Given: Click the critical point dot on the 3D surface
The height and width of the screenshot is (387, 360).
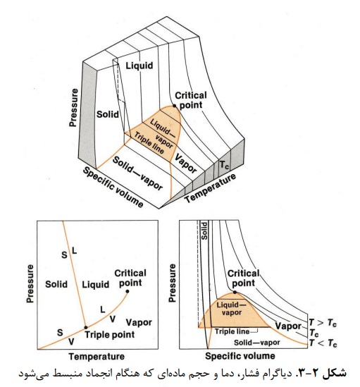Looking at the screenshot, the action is pyautogui.click(x=175, y=106).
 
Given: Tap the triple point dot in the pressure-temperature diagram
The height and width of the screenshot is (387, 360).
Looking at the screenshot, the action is pyautogui.click(x=86, y=328).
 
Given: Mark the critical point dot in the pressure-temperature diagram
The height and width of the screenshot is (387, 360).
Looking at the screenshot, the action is pyautogui.click(x=128, y=292).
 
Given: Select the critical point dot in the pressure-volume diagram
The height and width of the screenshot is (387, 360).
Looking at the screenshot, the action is pyautogui.click(x=235, y=293).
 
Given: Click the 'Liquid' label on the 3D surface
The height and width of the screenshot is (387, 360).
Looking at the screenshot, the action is pyautogui.click(x=139, y=66).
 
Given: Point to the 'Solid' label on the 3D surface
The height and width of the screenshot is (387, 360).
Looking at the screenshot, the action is pyautogui.click(x=108, y=114).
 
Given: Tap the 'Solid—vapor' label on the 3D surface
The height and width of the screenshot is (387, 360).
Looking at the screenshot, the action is pyautogui.click(x=137, y=173).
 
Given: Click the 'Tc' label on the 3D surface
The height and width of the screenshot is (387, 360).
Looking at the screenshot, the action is pyautogui.click(x=224, y=165).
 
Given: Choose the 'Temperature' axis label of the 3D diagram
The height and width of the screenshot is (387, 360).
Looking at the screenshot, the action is pyautogui.click(x=210, y=188).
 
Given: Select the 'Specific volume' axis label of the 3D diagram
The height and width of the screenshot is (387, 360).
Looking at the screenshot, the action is pyautogui.click(x=113, y=187).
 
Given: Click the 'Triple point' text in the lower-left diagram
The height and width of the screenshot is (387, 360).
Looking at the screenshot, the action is pyautogui.click(x=110, y=335).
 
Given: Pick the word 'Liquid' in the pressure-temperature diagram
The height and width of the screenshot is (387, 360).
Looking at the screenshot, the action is pyautogui.click(x=96, y=284).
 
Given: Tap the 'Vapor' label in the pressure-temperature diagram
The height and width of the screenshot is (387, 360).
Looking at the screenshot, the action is pyautogui.click(x=139, y=322).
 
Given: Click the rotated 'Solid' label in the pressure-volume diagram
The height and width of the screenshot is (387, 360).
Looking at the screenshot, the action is pyautogui.click(x=204, y=231).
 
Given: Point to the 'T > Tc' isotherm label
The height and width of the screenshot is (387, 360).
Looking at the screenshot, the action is pyautogui.click(x=323, y=323).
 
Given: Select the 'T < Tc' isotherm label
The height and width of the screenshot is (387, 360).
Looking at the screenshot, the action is pyautogui.click(x=323, y=343).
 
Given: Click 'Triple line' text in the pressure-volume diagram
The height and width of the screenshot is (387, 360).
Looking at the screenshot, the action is pyautogui.click(x=232, y=331).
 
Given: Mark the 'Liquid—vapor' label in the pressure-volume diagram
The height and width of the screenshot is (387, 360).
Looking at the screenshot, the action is pyautogui.click(x=232, y=309).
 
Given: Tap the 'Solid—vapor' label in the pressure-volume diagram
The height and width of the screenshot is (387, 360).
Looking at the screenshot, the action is pyautogui.click(x=257, y=343).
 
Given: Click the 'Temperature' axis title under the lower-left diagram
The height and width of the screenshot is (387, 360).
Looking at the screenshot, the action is pyautogui.click(x=97, y=357).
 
